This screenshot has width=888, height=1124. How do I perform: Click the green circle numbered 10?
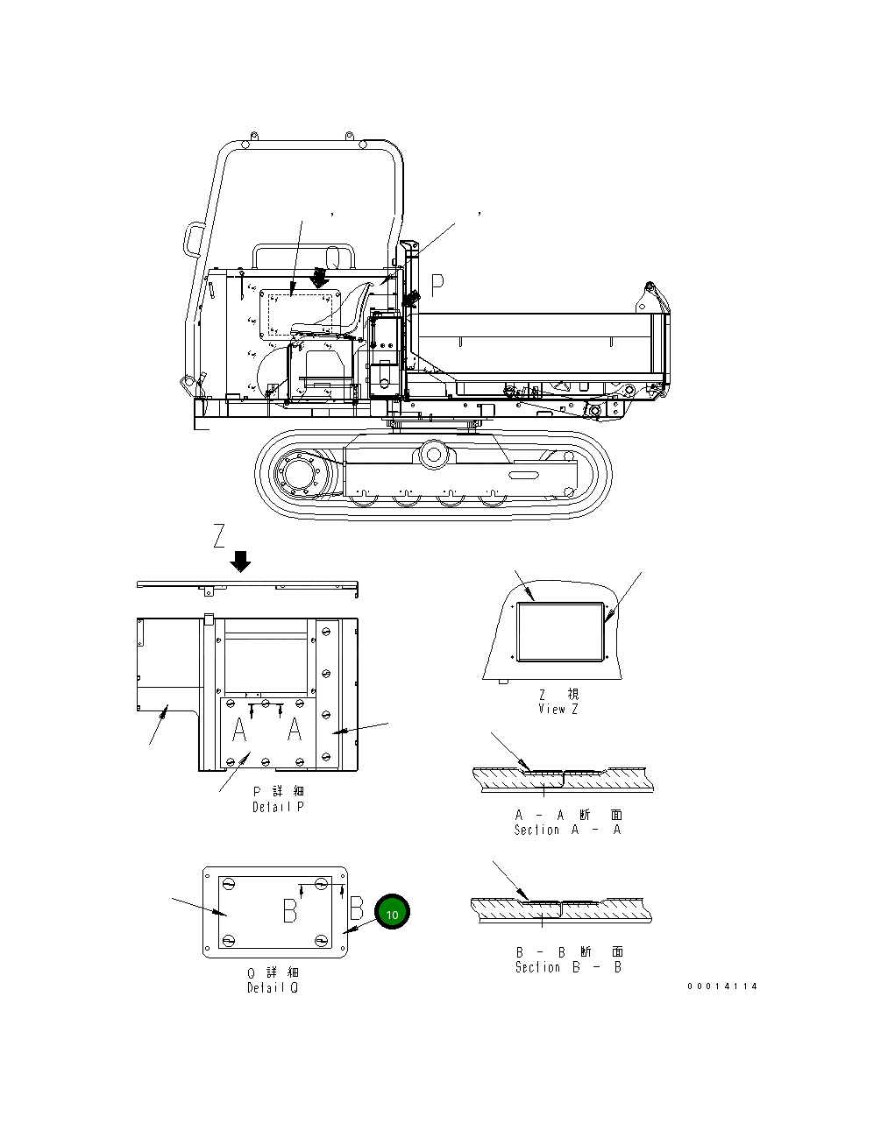coord(392,913)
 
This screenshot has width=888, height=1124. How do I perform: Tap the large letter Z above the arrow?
coord(220,535)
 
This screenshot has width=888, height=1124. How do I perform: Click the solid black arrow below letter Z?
coord(240,561)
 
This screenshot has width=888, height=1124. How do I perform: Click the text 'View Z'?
coord(558,709)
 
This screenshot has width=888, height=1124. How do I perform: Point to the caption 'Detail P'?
coord(278,806)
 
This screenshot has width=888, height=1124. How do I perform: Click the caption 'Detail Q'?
coord(272,987)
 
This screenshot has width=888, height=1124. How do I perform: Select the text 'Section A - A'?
coord(567,829)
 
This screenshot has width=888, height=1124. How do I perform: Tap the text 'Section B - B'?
coord(568,966)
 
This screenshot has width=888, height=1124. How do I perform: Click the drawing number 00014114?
coord(722,986)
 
